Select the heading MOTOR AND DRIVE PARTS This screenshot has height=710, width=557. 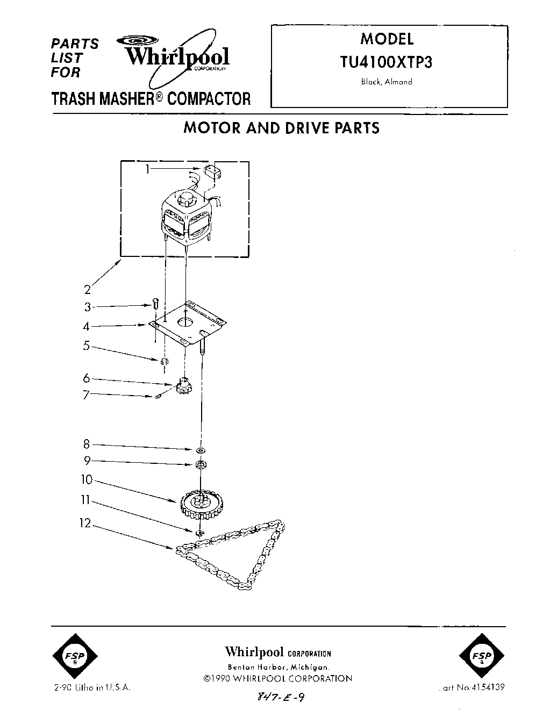click(281, 128)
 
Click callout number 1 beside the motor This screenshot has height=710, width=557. click(147, 169)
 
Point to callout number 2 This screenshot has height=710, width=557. click(87, 290)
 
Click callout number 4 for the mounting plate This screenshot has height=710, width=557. click(87, 326)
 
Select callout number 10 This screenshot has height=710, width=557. click(87, 479)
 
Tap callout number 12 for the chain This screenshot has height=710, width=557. click(85, 522)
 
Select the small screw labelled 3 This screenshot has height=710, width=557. click(155, 304)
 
